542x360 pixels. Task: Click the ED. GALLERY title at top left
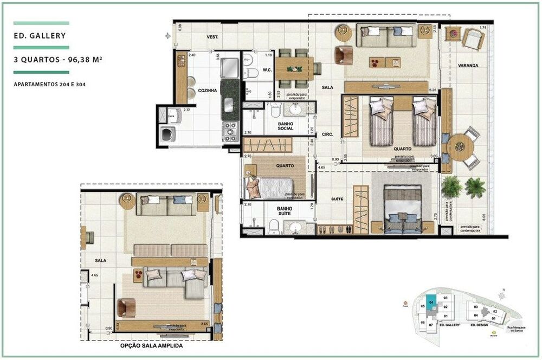[x=41, y=36]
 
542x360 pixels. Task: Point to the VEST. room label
[x=212, y=37]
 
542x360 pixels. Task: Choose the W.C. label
[x=267, y=70]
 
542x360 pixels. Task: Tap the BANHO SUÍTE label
[x=285, y=210]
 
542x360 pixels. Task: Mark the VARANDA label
[x=468, y=65]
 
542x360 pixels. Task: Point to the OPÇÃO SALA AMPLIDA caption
[x=151, y=345]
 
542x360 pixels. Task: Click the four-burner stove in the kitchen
[x=231, y=132]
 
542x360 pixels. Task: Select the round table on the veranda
[x=460, y=145]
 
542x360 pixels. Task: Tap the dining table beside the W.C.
[x=294, y=68]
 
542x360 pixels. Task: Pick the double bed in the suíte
[x=402, y=210]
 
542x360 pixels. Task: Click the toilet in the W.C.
[x=251, y=70]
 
